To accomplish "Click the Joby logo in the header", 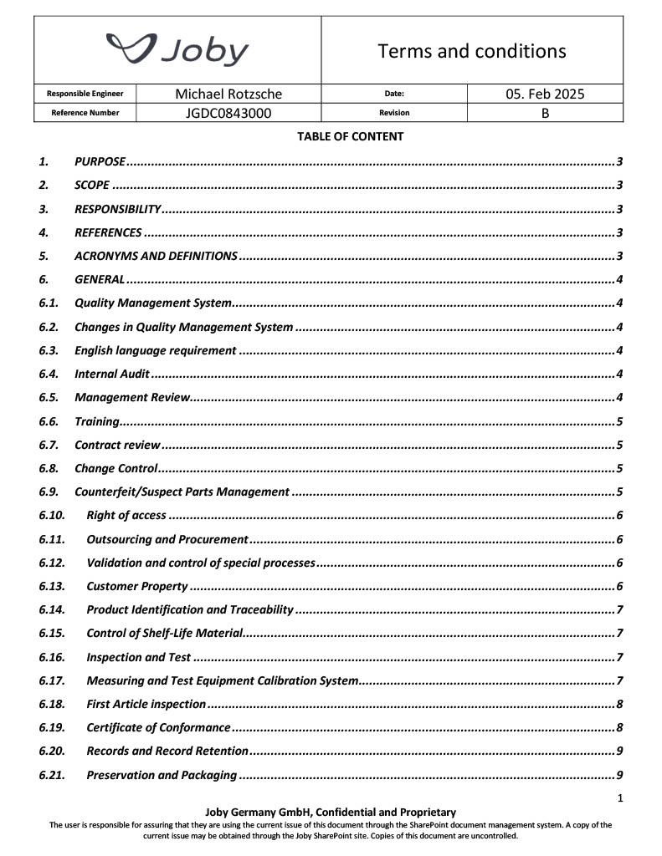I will coord(177,49).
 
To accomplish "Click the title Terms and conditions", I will coord(472,51).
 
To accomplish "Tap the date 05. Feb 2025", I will coord(545,94).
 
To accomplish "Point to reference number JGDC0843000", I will coord(228,113).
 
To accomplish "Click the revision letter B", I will coord(545,113).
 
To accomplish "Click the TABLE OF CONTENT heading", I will coord(350,136).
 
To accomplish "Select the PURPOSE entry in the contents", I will coord(100,161).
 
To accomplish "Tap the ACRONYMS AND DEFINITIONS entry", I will coord(156,256).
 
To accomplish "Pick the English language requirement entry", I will coord(155,350).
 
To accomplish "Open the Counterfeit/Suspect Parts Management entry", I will coord(182,492).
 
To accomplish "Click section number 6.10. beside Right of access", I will coord(52,515).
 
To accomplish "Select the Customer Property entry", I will coord(137,586).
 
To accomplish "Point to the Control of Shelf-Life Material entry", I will coord(164,633).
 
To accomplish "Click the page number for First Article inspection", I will coord(618,704).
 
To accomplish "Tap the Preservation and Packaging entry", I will coord(162,775).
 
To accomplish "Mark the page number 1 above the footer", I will coord(620,797).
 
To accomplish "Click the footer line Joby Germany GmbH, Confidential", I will coord(331,812).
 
